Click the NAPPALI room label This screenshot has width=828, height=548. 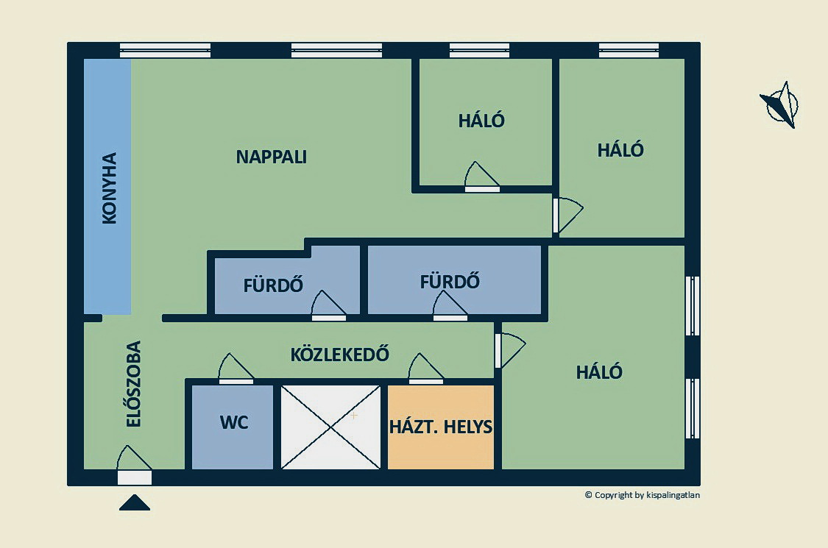tap(271, 157)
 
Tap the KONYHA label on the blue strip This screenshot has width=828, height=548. tap(109, 188)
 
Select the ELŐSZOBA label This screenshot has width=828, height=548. tap(133, 384)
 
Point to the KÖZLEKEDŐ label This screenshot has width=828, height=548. tap(339, 355)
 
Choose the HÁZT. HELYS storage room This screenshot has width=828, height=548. tap(440, 427)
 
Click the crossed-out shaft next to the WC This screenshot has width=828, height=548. tap(331, 427)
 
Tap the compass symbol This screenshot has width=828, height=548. tap(781, 105)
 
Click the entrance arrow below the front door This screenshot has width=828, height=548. tap(135, 503)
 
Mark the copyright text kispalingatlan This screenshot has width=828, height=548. tap(642, 495)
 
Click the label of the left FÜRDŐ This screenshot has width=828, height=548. tap(273, 285)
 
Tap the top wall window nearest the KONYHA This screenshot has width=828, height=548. tap(165, 50)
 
